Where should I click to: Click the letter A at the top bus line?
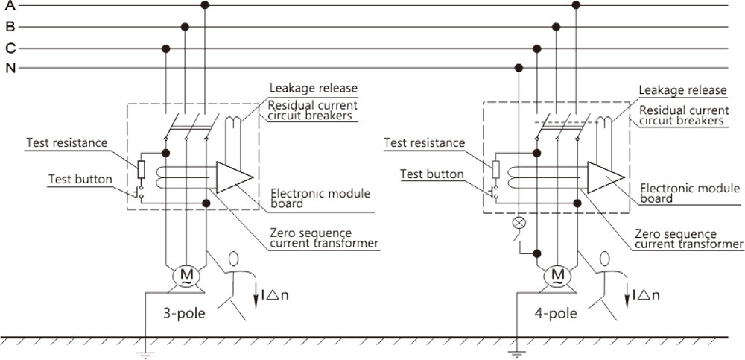pos(10,6)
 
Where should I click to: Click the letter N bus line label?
pos(10,69)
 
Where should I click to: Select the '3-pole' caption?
pos(184,314)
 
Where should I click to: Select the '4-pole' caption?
pos(556,314)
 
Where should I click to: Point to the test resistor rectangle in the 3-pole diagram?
pos(141,169)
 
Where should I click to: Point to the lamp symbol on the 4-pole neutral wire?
pos(519,223)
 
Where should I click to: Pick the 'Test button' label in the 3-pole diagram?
pos(80,180)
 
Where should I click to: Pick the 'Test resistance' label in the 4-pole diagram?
pos(425,142)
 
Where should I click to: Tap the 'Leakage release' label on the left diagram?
pos(314,89)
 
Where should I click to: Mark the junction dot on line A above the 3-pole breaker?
pos(205,5)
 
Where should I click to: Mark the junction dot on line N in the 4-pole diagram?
pos(519,68)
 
